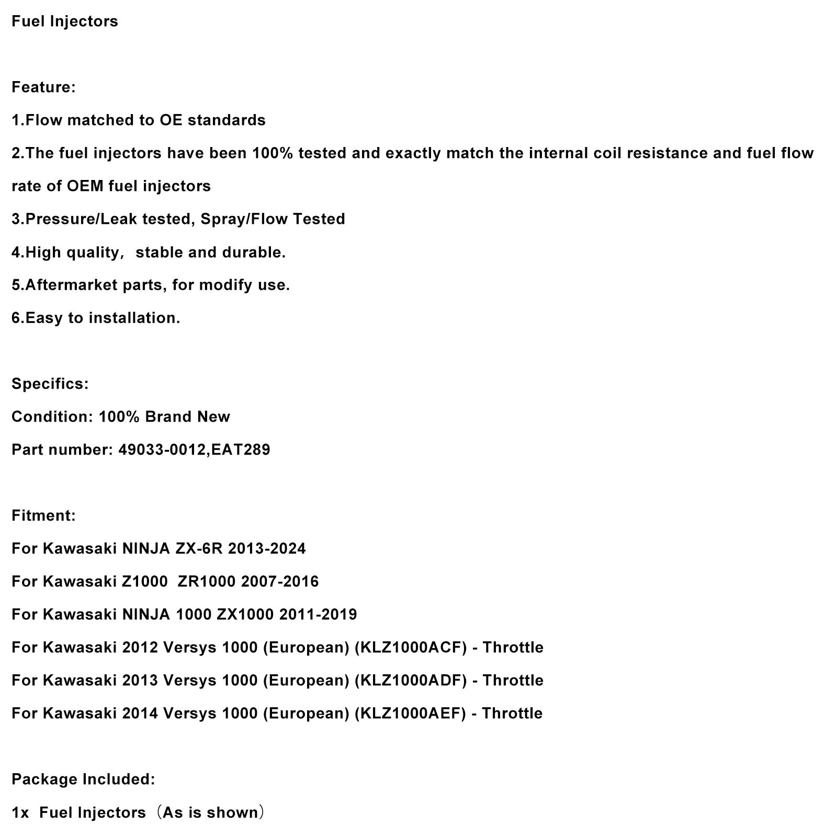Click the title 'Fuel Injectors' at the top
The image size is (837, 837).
point(65,21)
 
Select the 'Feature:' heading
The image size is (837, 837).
point(43,87)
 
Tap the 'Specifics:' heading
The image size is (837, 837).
point(50,383)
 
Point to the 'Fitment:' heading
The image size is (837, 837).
point(43,515)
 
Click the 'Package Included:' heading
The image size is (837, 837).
point(83,779)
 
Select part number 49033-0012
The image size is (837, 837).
point(162,449)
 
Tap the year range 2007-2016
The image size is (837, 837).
point(280,581)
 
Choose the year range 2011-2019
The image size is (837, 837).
point(318,614)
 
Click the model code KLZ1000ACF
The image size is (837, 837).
point(411,647)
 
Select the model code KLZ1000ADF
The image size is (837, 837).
point(411,680)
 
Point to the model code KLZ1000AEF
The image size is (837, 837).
point(410,713)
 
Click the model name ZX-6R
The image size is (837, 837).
point(199,548)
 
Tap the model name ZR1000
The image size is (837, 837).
point(207,581)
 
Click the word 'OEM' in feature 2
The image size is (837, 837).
point(85,186)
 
